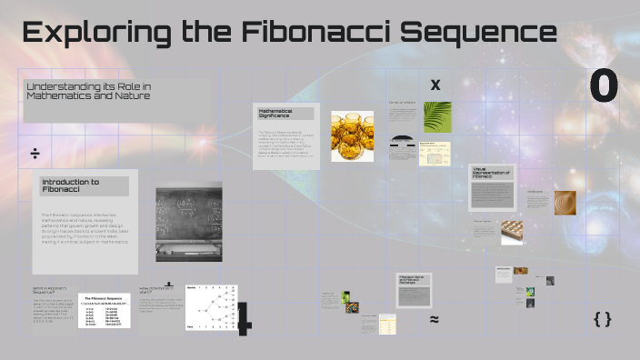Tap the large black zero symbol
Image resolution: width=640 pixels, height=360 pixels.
pyautogui.click(x=604, y=87)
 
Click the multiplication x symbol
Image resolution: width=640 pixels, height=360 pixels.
pyautogui.click(x=435, y=85)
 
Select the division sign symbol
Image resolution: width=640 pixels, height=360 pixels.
pyautogui.click(x=34, y=153)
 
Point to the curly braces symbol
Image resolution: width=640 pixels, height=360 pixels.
pyautogui.click(x=602, y=318)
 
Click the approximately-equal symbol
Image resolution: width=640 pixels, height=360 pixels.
pyautogui.click(x=435, y=319)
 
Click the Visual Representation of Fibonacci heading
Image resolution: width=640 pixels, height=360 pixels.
pyautogui.click(x=492, y=174)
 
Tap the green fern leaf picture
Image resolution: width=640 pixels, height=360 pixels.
pyautogui.click(x=437, y=116)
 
